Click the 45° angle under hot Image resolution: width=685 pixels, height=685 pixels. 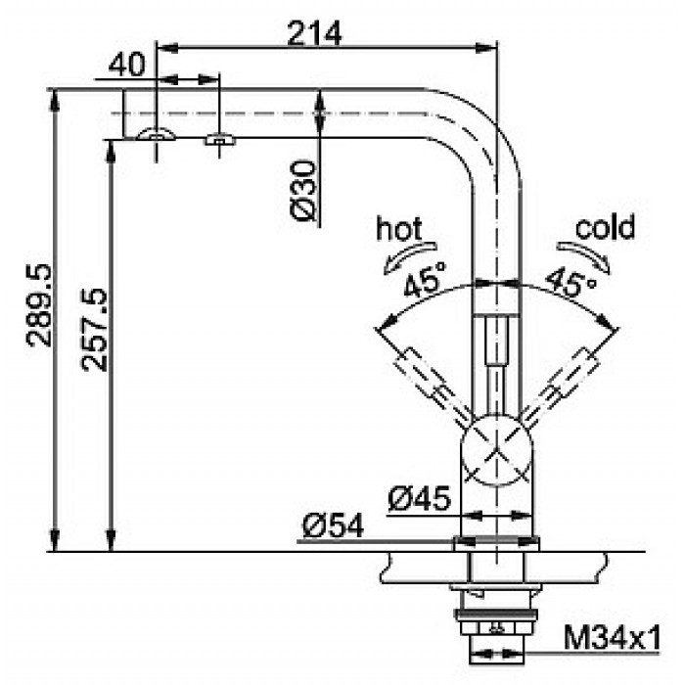pyautogui.click(x=423, y=285)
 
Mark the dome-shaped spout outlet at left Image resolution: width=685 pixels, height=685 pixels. pyautogui.click(x=157, y=134)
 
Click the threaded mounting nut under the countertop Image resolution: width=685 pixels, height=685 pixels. pyautogui.click(x=497, y=616)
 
